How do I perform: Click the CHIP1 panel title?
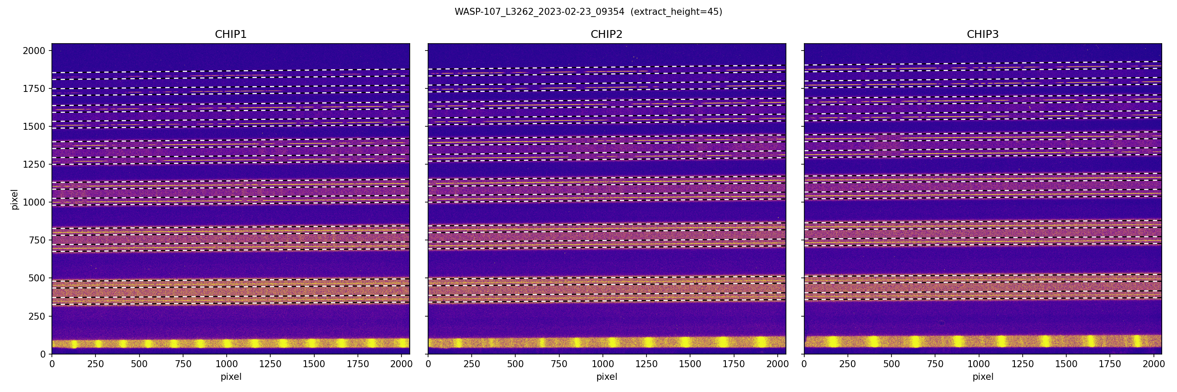[231, 34]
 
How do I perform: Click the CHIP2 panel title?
[606, 34]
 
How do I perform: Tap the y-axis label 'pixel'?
[15, 199]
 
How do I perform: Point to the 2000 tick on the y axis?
[34, 51]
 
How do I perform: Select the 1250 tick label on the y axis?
[34, 164]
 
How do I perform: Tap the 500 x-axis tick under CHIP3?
[891, 364]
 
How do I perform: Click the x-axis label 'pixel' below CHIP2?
[606, 377]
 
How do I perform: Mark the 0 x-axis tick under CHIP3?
[804, 364]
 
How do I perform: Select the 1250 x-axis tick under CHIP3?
[1023, 364]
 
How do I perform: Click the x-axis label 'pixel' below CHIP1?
[231, 377]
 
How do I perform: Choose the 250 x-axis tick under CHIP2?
[472, 364]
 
